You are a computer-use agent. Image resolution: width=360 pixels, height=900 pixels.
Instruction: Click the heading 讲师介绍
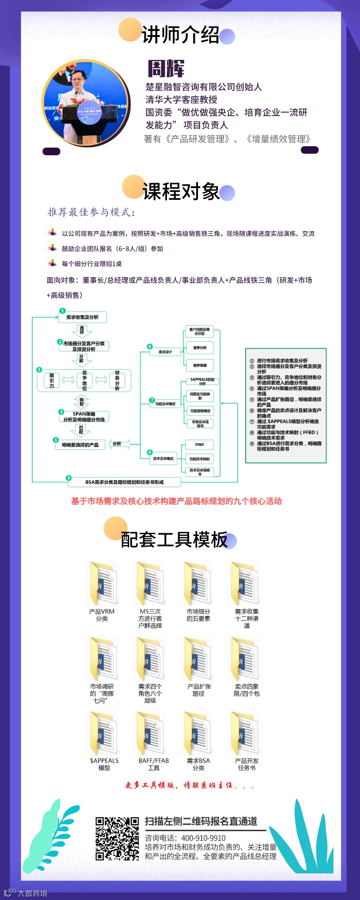pyautogui.click(x=180, y=35)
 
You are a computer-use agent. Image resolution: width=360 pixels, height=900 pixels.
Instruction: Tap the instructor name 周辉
pyautogui.click(x=166, y=68)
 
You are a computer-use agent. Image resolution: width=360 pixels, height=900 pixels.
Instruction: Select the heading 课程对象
pyautogui.click(x=181, y=192)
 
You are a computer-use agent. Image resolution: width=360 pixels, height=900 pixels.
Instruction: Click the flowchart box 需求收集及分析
pyautogui.click(x=82, y=317)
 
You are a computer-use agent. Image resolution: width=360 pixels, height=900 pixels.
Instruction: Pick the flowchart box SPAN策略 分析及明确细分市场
pyautogui.click(x=84, y=417)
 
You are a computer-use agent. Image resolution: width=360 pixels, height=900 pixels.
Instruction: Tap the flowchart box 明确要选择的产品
pyautogui.click(x=80, y=445)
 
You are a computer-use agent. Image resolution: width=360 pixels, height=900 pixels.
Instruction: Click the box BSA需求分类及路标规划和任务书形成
pyautogui.click(x=124, y=482)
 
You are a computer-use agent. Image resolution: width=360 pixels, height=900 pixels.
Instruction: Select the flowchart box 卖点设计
pyautogui.click(x=165, y=351)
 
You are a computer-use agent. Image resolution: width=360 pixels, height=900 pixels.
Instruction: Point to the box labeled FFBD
pyautogui.click(x=199, y=445)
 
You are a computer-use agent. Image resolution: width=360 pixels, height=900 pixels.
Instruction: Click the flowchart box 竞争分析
pyautogui.click(x=200, y=348)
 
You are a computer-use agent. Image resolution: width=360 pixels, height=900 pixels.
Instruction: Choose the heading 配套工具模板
pyautogui.click(x=175, y=540)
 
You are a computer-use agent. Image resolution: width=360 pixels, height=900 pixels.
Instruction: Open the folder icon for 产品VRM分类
pyautogui.click(x=103, y=583)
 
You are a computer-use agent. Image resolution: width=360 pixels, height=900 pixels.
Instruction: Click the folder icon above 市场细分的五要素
pyautogui.click(x=198, y=583)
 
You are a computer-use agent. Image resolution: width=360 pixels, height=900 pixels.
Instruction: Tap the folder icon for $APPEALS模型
pyautogui.click(x=103, y=733)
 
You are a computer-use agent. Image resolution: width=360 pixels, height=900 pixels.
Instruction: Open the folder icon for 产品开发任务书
pyautogui.click(x=245, y=733)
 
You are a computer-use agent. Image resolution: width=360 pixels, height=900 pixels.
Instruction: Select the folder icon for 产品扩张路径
pyautogui.click(x=198, y=658)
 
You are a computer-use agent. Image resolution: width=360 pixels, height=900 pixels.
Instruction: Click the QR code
pyautogui.click(x=117, y=838)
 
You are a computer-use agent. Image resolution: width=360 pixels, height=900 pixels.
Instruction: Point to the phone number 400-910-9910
pyautogui.click(x=203, y=838)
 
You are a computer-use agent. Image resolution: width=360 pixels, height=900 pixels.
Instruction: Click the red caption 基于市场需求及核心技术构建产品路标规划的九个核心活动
pyautogui.click(x=176, y=501)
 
